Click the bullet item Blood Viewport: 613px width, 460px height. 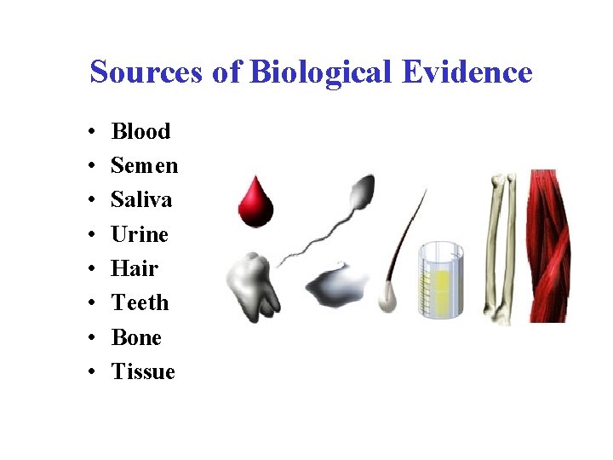[140, 131]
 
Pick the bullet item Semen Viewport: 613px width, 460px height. [144, 165]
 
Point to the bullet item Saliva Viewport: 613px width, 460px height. [141, 199]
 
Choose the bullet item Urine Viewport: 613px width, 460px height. [140, 234]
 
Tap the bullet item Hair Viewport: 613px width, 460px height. [135, 268]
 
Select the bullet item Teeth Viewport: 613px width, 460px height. [140, 302]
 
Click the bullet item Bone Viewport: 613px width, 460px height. [136, 337]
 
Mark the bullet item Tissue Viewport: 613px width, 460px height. [143, 371]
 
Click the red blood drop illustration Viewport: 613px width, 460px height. [255, 203]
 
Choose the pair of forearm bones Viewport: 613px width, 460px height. [499, 247]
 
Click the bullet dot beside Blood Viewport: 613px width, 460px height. [90, 132]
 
